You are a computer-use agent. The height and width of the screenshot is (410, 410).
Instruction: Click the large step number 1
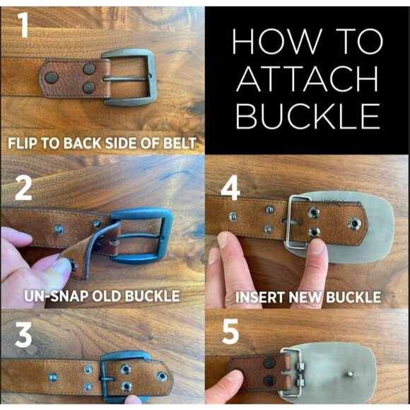(x=24, y=25)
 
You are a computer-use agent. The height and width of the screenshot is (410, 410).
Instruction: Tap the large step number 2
(x=23, y=189)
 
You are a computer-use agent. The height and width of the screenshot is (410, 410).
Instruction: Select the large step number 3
(x=23, y=334)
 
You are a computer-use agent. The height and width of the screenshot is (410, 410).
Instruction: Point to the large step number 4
(x=230, y=188)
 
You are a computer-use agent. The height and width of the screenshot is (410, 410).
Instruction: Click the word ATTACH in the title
(x=307, y=78)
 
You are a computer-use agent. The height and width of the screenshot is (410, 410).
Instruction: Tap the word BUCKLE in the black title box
(x=308, y=116)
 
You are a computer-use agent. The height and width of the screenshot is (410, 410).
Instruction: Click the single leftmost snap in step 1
(x=51, y=78)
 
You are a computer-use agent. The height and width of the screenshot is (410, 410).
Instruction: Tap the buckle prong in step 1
(x=127, y=79)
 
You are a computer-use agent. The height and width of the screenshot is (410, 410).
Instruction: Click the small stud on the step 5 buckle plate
(x=350, y=375)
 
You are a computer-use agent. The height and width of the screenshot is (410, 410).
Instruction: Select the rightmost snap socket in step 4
(x=355, y=224)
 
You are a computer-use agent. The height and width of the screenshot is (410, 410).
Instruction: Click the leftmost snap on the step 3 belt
(x=53, y=377)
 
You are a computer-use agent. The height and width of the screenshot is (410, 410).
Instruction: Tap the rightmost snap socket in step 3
(x=162, y=377)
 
